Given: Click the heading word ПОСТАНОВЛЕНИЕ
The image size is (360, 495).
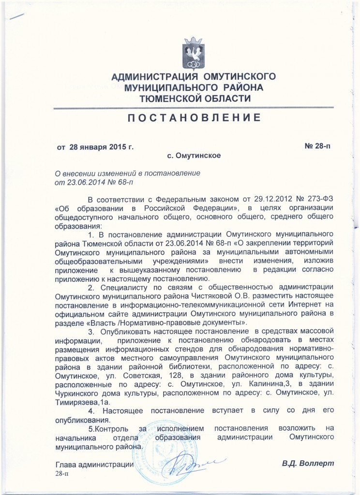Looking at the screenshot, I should (194, 117).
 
